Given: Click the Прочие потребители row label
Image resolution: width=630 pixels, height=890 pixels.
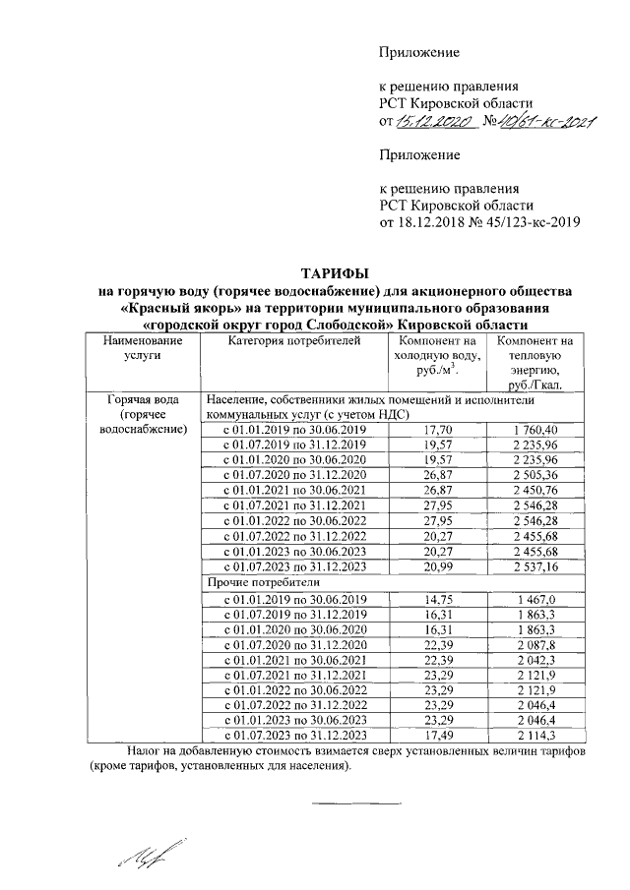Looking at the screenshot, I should (x=252, y=582).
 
